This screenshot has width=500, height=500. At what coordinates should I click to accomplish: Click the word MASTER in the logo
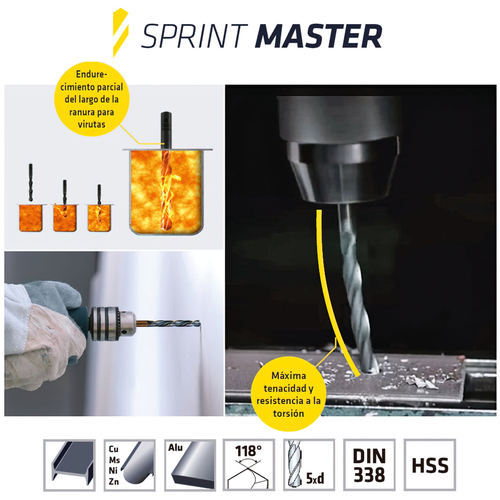[x=318, y=36]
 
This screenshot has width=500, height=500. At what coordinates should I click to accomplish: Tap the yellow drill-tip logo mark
[x=120, y=33]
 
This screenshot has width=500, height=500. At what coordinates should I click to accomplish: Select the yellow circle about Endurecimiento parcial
[x=91, y=99]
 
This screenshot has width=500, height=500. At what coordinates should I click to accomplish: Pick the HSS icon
[x=430, y=465]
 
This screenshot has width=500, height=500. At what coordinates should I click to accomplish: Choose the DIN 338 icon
[x=369, y=465]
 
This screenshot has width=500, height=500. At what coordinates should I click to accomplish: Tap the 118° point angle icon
[x=249, y=465]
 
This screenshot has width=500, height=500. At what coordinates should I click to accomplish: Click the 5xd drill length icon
[x=309, y=465]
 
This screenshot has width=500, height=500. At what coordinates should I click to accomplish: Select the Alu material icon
[x=190, y=465]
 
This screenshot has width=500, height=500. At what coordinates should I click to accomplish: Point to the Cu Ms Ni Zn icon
[x=130, y=465]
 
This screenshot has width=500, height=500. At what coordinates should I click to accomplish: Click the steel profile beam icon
[x=70, y=465]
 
